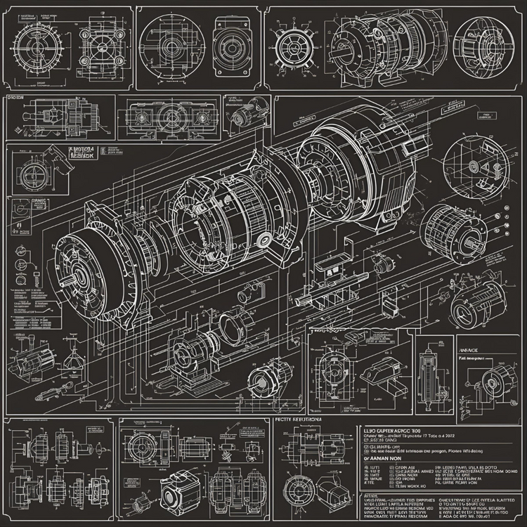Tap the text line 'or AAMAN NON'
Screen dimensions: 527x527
(384, 456)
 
